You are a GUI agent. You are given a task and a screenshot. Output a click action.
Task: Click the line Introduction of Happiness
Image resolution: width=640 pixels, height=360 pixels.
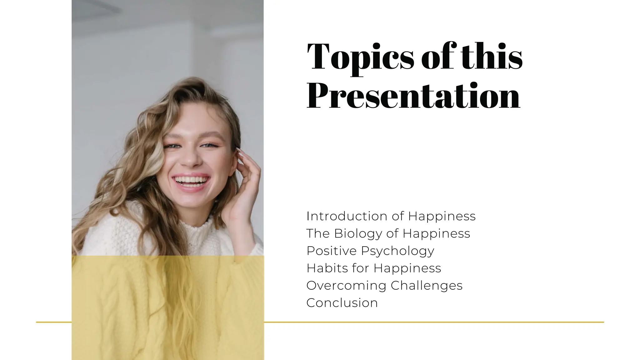pos(391,216)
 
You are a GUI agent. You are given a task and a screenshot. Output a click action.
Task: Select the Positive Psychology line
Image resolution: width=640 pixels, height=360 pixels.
pos(370,251)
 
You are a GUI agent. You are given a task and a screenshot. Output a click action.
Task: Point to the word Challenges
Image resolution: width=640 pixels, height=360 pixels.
pos(426,286)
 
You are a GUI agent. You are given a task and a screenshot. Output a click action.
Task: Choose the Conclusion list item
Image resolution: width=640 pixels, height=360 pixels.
pos(342,303)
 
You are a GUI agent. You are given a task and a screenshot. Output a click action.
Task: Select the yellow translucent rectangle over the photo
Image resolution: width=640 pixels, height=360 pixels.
pos(167,308)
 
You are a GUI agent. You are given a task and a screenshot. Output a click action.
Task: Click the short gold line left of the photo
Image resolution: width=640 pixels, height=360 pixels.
pos(54,322)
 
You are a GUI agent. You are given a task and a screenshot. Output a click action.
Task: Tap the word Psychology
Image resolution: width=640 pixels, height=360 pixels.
pos(397,251)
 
